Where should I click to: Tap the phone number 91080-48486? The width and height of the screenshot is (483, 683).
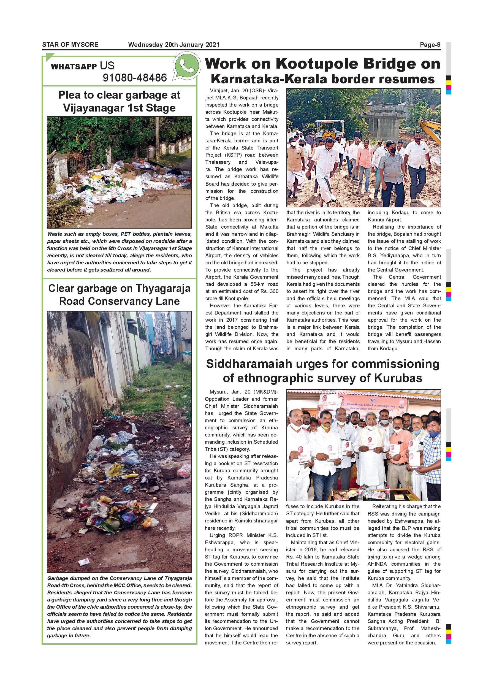[x=135, y=78]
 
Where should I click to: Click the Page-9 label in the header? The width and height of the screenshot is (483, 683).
[x=430, y=45]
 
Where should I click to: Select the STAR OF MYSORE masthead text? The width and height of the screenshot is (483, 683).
[x=70, y=45]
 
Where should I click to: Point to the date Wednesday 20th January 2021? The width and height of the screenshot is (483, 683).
[x=173, y=45]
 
